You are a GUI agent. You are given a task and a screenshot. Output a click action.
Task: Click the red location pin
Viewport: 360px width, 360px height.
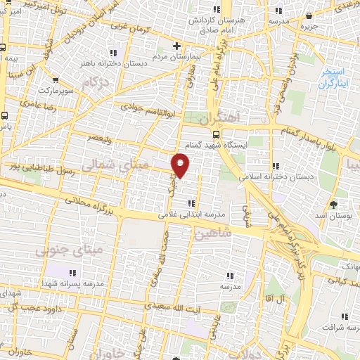(x=181, y=165)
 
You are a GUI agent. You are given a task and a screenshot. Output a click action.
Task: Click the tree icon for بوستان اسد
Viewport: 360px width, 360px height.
(x=333, y=205)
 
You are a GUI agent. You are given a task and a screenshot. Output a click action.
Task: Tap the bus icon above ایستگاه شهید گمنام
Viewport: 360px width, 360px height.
(x=215, y=132)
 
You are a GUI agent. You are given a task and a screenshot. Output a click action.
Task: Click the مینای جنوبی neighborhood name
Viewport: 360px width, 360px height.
(x=68, y=249)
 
